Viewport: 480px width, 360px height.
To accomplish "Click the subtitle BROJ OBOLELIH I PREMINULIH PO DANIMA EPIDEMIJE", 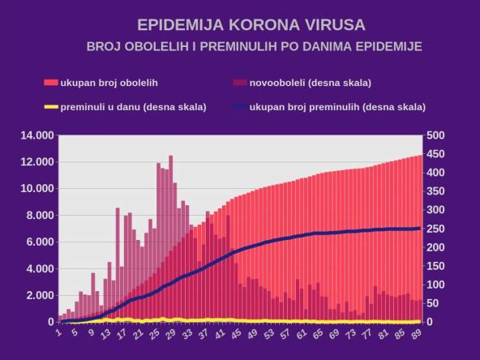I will (x=254, y=46).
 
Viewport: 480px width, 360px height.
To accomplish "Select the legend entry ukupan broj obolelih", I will (x=112, y=83).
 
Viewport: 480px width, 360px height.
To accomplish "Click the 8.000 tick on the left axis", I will (x=39, y=215).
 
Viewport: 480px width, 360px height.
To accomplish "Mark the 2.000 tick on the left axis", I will (x=39, y=295).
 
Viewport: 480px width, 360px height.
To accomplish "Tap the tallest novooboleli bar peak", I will (x=170, y=157).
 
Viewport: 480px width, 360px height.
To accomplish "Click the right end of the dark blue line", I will (x=420, y=228).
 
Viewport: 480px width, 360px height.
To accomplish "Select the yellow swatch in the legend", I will (x=50, y=106).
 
